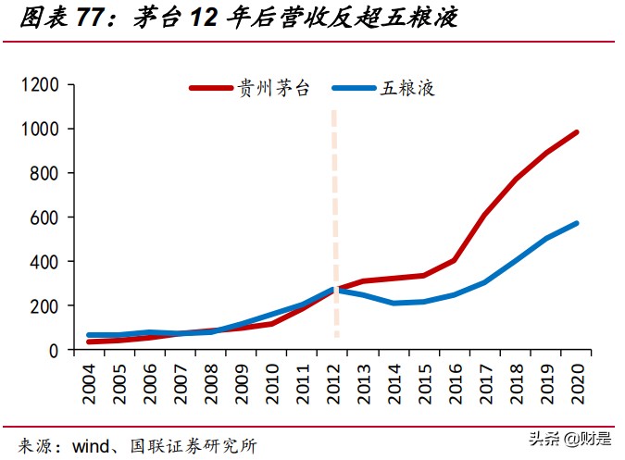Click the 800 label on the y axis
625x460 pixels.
pos(44,173)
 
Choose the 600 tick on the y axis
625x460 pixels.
pos(44,218)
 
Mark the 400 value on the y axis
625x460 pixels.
pos(44,262)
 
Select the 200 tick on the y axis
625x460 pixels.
pos(44,305)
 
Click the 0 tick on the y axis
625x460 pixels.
pos(54,350)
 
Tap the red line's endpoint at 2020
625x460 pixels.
pos(577,132)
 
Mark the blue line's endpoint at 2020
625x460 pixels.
pos(577,223)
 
